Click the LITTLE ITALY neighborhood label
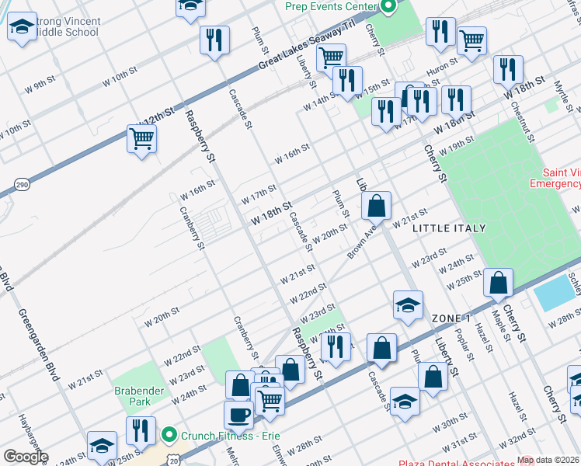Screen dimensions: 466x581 pyautogui.click(x=449, y=228)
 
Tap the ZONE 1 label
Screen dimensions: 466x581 pyautogui.click(x=451, y=319)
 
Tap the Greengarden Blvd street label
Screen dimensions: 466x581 pyautogui.click(x=38, y=346)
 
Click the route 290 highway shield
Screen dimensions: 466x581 pyautogui.click(x=22, y=184)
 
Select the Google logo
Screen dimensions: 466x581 pyautogui.click(x=25, y=457)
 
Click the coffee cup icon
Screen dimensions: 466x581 pyautogui.click(x=238, y=413)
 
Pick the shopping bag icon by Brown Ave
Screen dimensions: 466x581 pyautogui.click(x=376, y=206)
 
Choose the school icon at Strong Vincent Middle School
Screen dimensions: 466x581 pyautogui.click(x=22, y=28)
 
